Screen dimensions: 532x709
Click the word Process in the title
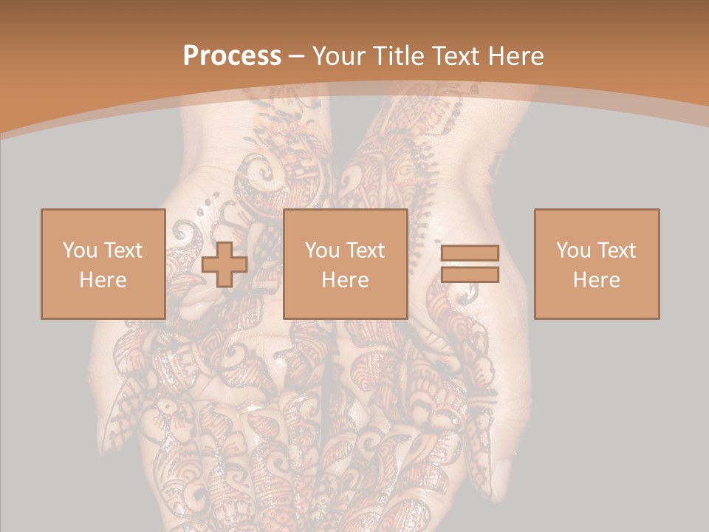coord(232,56)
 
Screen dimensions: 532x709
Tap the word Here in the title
coord(516,56)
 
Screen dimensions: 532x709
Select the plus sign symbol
coord(224,265)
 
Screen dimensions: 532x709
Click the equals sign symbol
coord(470,264)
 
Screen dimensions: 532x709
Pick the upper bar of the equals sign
coord(470,253)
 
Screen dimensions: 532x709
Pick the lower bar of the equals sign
coord(470,274)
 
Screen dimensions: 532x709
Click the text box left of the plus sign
coord(103,264)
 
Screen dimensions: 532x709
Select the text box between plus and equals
coord(345,264)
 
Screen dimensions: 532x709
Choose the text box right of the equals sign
coord(596,264)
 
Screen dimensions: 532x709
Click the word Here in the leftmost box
coord(103,280)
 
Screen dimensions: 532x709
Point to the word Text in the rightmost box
coord(617,250)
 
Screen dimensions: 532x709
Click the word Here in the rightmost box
coord(596,280)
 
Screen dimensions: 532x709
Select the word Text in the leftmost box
coord(124,250)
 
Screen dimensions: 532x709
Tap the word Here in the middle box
coord(345,280)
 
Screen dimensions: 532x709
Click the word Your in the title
coord(338,56)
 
